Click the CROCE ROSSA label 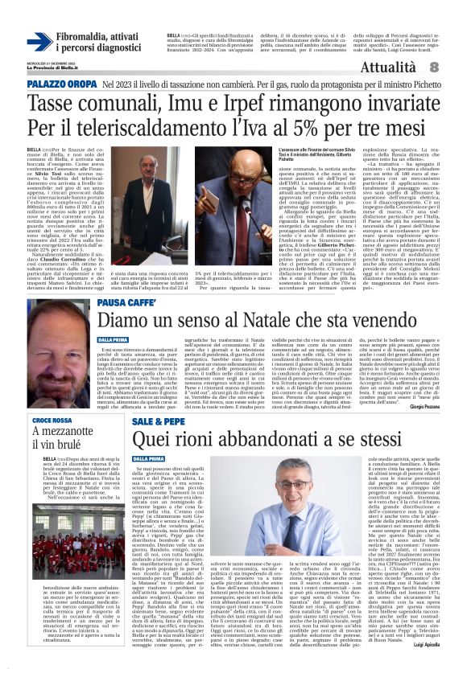[x=52, y=420]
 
